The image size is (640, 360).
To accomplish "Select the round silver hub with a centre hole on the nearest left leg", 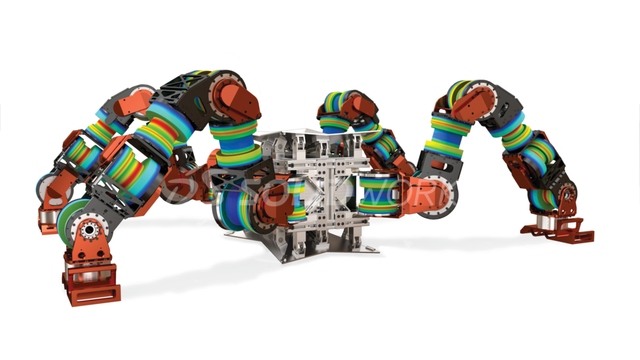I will click(x=88, y=230).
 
